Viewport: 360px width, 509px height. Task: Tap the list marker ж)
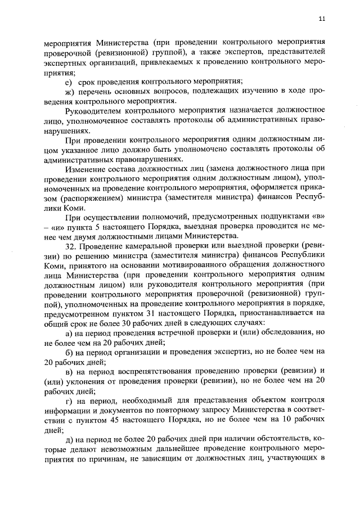point(70,92)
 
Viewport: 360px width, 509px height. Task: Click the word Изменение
point(84,170)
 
